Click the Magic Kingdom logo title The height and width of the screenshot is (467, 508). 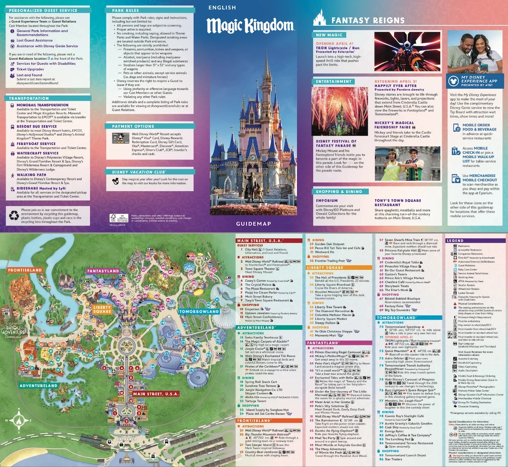(250, 26)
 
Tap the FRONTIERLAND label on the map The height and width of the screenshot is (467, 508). (25, 270)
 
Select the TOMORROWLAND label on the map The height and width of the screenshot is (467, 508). (199, 312)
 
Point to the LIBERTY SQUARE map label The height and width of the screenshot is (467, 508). (102, 309)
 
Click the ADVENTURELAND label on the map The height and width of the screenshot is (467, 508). (39, 386)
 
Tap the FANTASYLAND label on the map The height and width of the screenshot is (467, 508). (103, 271)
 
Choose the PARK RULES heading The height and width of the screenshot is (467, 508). (125, 10)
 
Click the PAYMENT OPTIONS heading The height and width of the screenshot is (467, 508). (133, 126)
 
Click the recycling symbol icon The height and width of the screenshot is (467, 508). (14, 216)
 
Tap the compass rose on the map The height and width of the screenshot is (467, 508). (19, 420)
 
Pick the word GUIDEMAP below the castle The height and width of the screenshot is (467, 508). (254, 224)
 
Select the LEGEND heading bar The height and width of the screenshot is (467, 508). (455, 240)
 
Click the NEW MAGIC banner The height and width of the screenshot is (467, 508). (329, 35)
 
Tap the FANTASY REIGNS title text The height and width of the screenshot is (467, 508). (367, 20)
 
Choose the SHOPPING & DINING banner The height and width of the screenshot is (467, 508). (339, 191)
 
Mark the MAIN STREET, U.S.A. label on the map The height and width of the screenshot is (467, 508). (156, 394)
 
